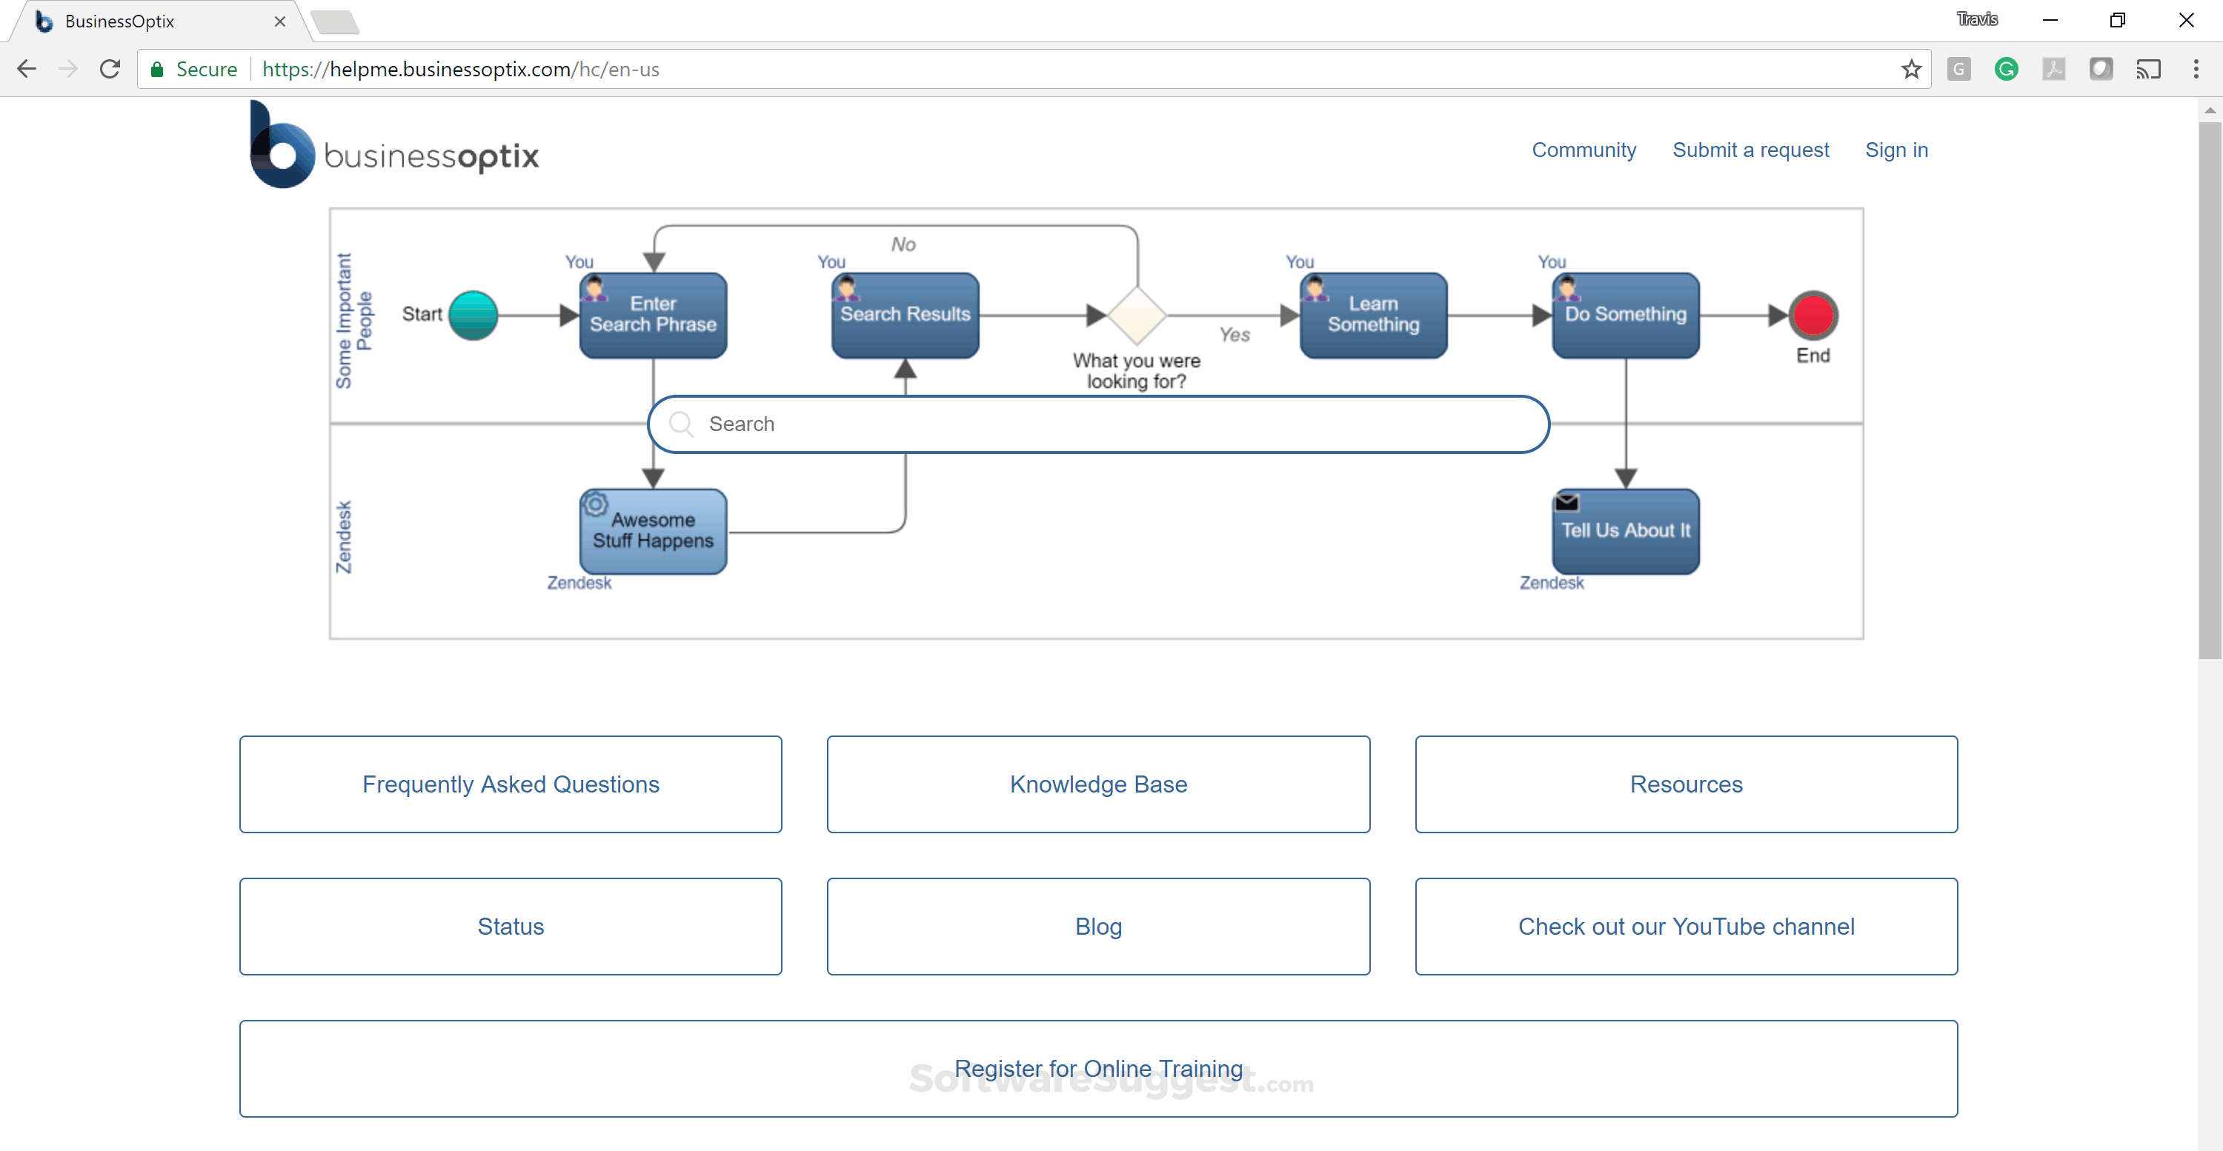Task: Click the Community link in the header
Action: point(1584,150)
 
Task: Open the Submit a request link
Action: point(1750,150)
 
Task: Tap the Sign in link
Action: point(1896,150)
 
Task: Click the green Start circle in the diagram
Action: point(473,315)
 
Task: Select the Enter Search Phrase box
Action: point(654,315)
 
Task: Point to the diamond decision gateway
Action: point(1137,315)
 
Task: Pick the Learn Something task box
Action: point(1373,315)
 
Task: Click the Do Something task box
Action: point(1625,315)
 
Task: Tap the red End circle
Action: point(1813,315)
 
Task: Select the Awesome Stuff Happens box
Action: point(654,530)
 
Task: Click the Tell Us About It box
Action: point(1625,530)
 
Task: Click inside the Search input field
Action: point(1097,424)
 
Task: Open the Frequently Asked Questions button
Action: point(511,784)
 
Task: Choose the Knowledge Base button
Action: point(1097,784)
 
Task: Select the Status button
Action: point(511,926)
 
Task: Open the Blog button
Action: point(1097,926)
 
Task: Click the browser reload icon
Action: point(110,69)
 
